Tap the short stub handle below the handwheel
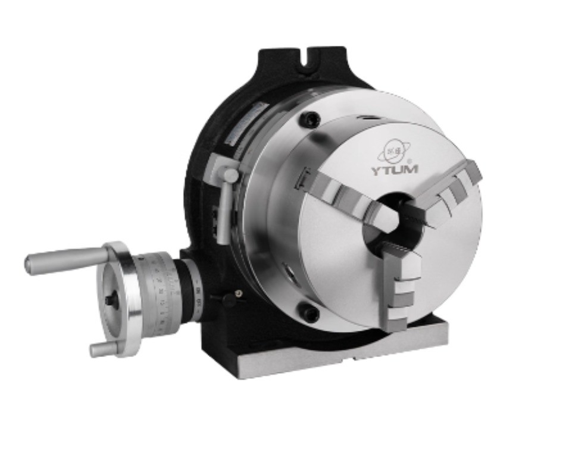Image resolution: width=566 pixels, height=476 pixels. [x=102, y=349]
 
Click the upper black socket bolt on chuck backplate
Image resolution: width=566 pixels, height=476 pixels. [x=308, y=120]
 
